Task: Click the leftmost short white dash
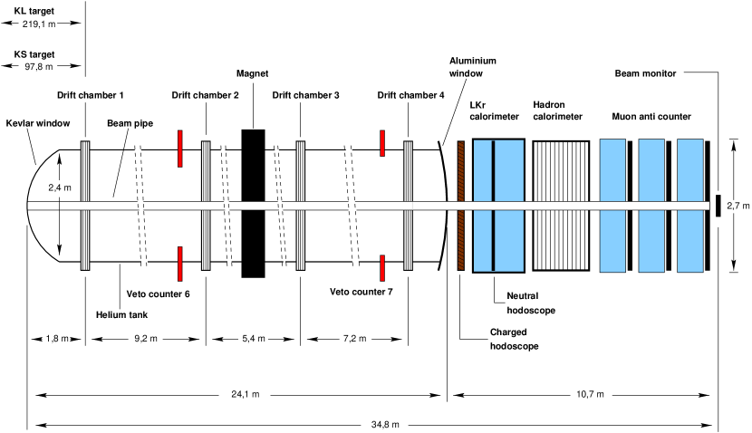pos(85,206)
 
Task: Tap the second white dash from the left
pos(206,206)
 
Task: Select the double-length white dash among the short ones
pos(253,206)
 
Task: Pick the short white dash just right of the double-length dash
pos(300,206)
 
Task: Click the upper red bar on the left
pos(180,149)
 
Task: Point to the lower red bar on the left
pos(180,264)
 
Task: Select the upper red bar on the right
pos(382,143)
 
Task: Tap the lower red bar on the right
pos(382,268)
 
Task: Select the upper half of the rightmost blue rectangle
pos(690,170)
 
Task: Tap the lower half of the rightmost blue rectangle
pos(690,241)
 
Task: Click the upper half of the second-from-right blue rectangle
pos(651,170)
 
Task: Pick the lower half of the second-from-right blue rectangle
pos(651,241)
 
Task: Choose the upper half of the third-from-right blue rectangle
pos(612,170)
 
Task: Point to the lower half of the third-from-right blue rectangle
pos(612,241)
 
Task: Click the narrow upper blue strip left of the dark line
pos(482,170)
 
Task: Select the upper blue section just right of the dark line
pos(509,170)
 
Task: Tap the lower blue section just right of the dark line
pos(509,241)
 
